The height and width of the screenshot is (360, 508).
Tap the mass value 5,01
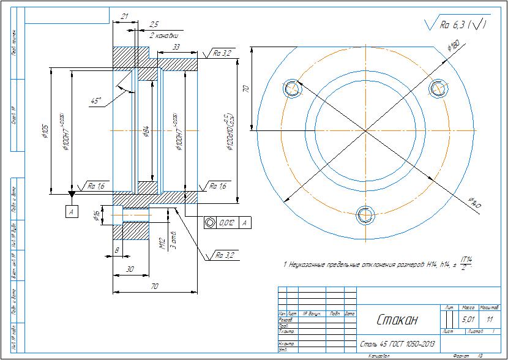(468, 320)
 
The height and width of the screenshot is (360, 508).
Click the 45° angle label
(96, 100)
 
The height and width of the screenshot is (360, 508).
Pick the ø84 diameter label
(146, 131)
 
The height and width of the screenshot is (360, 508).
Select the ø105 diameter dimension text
(45, 131)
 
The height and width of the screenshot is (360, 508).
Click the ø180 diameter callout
(454, 45)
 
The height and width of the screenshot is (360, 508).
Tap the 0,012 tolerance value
(226, 223)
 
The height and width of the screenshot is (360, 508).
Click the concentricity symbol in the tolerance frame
(210, 223)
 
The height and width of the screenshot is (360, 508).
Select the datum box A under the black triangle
(72, 211)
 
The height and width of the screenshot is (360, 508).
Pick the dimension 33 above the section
(176, 47)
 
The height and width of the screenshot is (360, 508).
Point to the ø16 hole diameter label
(96, 215)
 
